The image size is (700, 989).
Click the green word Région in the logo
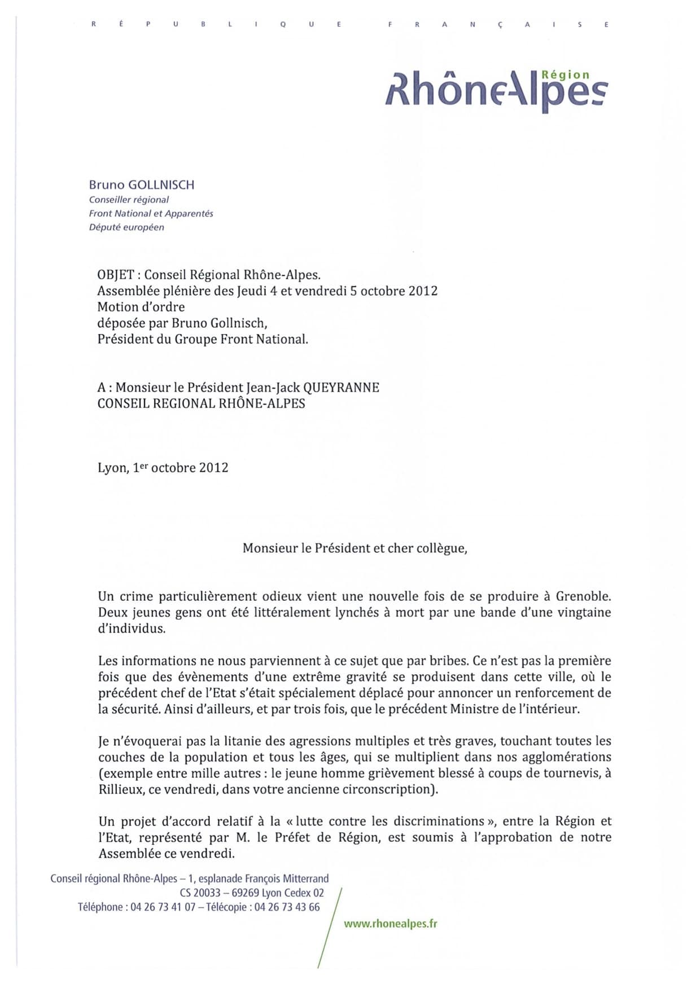[565, 75]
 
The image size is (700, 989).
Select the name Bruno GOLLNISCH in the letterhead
[142, 185]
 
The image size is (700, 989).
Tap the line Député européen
[126, 227]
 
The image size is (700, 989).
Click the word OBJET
[116, 275]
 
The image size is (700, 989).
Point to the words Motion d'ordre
[141, 307]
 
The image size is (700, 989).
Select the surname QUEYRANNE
[341, 388]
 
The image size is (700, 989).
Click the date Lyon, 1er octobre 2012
[163, 468]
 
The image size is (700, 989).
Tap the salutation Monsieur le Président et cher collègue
[355, 548]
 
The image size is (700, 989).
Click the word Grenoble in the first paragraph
[583, 596]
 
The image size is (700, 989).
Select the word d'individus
[132, 628]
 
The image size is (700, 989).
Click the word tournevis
[571, 773]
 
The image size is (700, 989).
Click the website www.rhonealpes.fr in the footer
[391, 924]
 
